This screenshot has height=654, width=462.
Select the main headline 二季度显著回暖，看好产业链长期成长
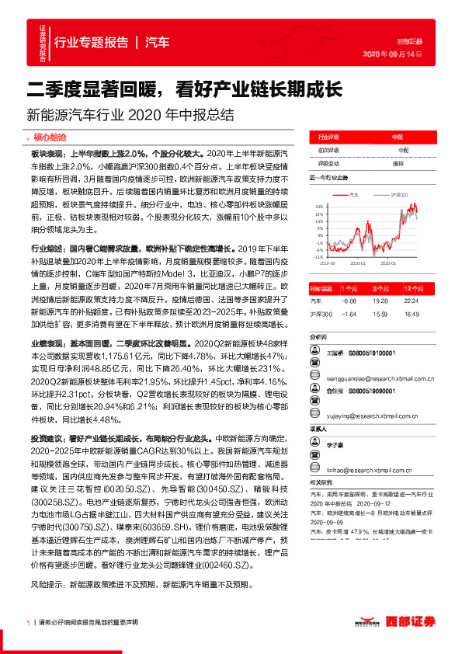coord(185,88)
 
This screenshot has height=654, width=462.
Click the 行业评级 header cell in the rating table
coord(328,134)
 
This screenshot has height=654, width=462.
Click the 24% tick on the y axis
coord(319,207)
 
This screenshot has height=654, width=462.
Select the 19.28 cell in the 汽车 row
coord(380,300)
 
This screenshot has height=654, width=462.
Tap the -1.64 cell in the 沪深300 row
coord(348,314)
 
